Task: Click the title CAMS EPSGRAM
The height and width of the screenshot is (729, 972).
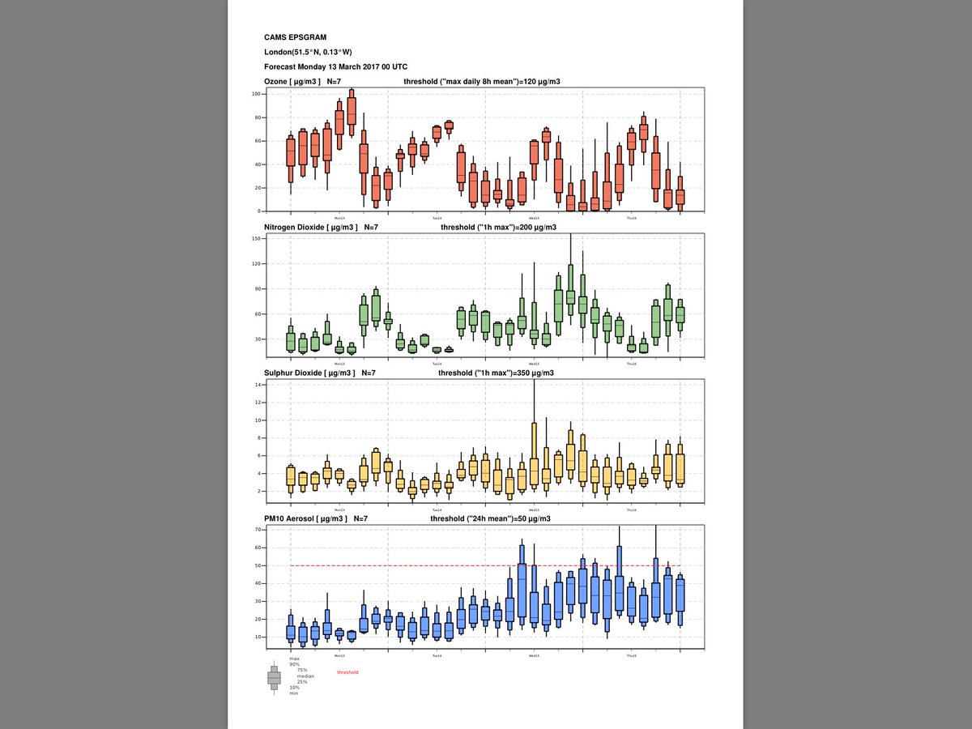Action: point(294,37)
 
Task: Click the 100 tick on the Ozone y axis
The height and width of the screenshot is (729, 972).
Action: point(254,94)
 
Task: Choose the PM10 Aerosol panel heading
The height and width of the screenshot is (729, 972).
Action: point(305,518)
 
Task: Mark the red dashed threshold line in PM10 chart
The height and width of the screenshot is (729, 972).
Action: point(486,565)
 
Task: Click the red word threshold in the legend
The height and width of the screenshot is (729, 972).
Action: point(347,672)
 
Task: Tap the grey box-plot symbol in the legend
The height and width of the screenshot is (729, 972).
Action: point(274,677)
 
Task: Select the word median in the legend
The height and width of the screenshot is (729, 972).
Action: point(305,676)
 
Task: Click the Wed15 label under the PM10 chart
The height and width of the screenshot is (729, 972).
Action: point(534,655)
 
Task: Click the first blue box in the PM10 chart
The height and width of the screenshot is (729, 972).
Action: point(291,633)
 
